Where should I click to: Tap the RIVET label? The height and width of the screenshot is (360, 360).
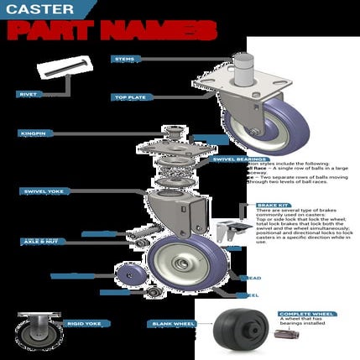29,94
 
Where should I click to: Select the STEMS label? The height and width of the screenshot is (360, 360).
123,59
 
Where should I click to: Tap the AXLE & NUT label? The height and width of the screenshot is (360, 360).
39,241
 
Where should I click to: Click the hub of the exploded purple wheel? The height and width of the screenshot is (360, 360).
180,263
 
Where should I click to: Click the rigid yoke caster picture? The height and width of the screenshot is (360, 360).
39,331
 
